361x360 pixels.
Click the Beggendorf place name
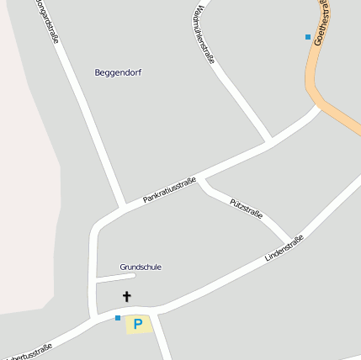118,72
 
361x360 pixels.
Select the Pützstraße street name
246,209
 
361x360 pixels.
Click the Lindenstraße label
284,247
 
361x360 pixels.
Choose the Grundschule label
141,267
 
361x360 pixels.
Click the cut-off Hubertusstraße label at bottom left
28,349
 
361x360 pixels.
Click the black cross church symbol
127,296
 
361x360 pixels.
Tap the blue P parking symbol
138,323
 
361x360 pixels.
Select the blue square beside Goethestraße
308,37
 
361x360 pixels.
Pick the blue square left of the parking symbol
118,318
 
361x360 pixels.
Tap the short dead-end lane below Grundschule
114,277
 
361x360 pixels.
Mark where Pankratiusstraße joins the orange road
320,106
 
